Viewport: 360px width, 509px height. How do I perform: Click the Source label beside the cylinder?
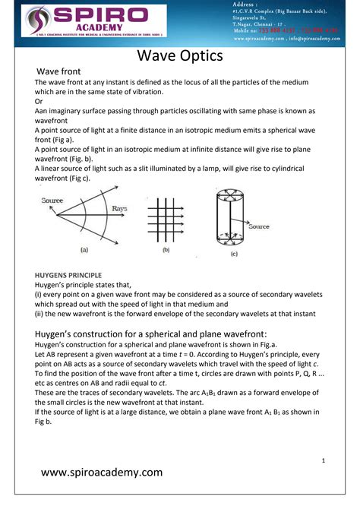[x=259, y=226]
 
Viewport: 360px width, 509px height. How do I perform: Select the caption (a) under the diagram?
[x=84, y=249]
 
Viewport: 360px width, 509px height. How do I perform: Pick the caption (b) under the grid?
[x=166, y=249]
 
